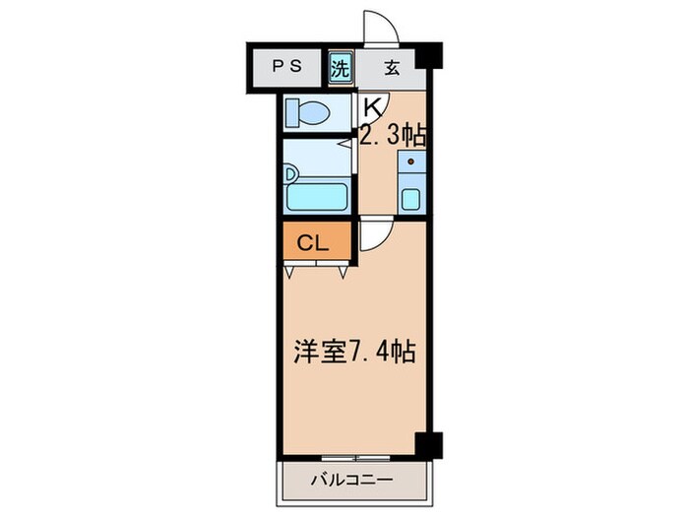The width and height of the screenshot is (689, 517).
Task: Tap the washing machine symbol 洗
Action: (340, 69)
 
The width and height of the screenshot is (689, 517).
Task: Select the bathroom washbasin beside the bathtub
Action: (290, 173)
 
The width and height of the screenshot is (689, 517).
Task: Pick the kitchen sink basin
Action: (409, 198)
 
